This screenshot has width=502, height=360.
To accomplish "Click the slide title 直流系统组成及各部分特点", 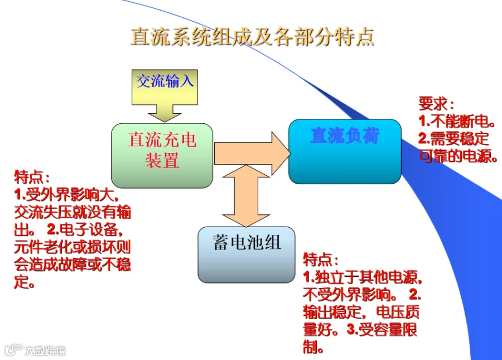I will pos(252,36).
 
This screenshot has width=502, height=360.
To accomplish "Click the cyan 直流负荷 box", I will pos(344,151).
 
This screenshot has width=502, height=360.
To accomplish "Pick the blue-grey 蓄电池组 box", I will pos(246,254).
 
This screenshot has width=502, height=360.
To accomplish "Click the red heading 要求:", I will pos(436,104).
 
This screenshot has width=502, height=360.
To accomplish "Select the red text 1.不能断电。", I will pos(456,121).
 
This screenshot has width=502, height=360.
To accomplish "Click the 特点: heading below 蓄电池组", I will pos(320,260).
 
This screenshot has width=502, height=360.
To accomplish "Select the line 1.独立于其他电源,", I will pos(362,277).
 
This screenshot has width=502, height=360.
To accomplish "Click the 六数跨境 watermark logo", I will pos(35,351).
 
